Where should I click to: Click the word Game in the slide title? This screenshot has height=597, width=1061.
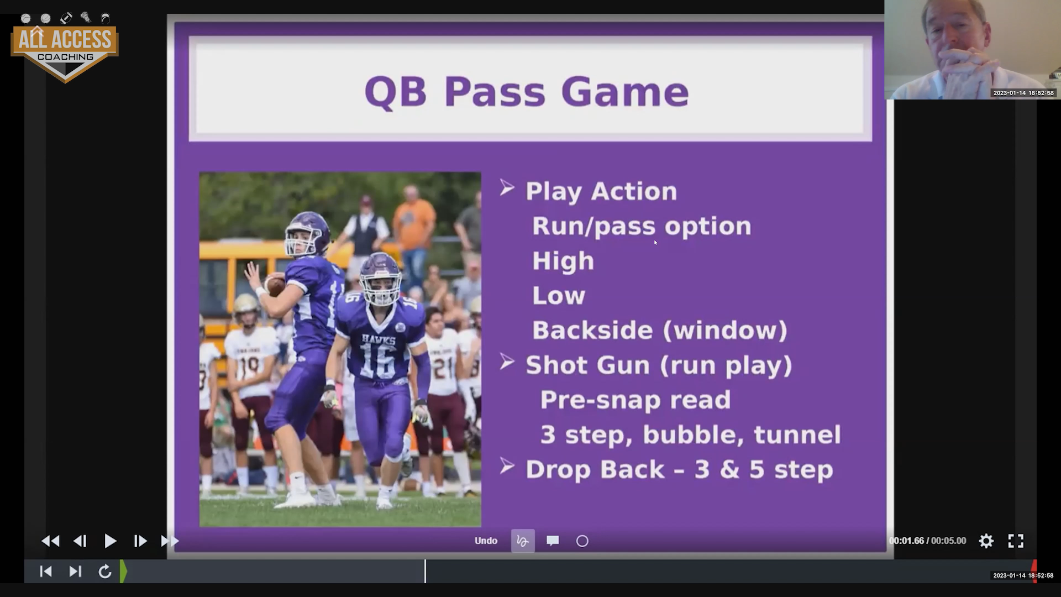point(625,92)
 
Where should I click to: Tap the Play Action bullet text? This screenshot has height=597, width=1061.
point(601,191)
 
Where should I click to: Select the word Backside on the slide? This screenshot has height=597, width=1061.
point(592,330)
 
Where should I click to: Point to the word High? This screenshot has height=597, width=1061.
point(563,261)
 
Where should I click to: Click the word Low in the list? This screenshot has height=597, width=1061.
point(558,296)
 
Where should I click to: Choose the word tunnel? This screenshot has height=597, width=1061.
point(797,434)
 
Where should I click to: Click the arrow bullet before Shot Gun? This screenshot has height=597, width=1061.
point(507,362)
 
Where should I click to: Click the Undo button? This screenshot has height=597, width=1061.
point(486,541)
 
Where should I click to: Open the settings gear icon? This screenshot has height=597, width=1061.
point(986,541)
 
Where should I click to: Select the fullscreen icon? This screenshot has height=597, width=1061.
point(1016,541)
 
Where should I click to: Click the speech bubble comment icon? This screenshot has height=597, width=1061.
point(553,541)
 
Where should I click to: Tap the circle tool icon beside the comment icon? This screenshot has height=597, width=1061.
point(582,541)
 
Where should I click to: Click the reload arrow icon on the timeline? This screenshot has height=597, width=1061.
point(105,571)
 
